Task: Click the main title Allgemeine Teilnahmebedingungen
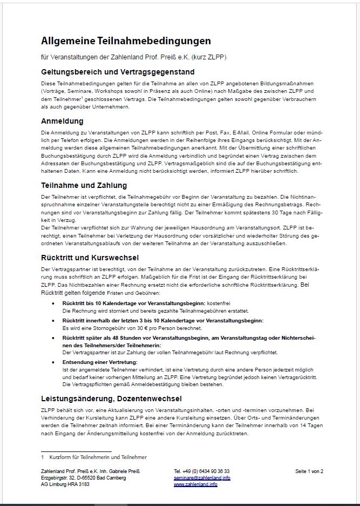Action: point(126,41)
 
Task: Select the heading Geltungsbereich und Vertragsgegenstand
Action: point(118,72)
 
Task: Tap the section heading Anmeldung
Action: point(62,121)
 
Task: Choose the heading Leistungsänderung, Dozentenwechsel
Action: point(111,399)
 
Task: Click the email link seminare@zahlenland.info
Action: point(202,478)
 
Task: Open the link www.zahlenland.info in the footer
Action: point(195,484)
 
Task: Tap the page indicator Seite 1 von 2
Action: point(309,471)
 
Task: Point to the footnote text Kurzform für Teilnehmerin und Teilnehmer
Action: point(98,457)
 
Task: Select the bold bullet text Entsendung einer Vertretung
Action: point(100,362)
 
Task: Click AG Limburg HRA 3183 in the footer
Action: point(65,484)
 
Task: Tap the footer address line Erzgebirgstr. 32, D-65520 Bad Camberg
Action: point(83,478)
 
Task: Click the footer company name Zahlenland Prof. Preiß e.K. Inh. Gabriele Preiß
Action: point(90,471)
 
